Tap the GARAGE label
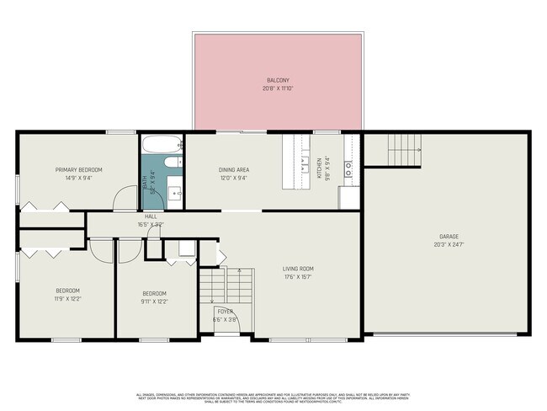tap(447, 237)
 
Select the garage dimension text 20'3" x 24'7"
tap(447, 244)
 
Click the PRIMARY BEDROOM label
tap(78, 169)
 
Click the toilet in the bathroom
tap(171, 163)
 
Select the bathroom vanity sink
tap(175, 192)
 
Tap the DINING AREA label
tap(233, 169)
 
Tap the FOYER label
tap(225, 312)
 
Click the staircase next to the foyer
tap(226, 286)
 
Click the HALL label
tap(151, 216)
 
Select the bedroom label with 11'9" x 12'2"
tap(67, 291)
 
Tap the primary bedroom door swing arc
tap(125, 197)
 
